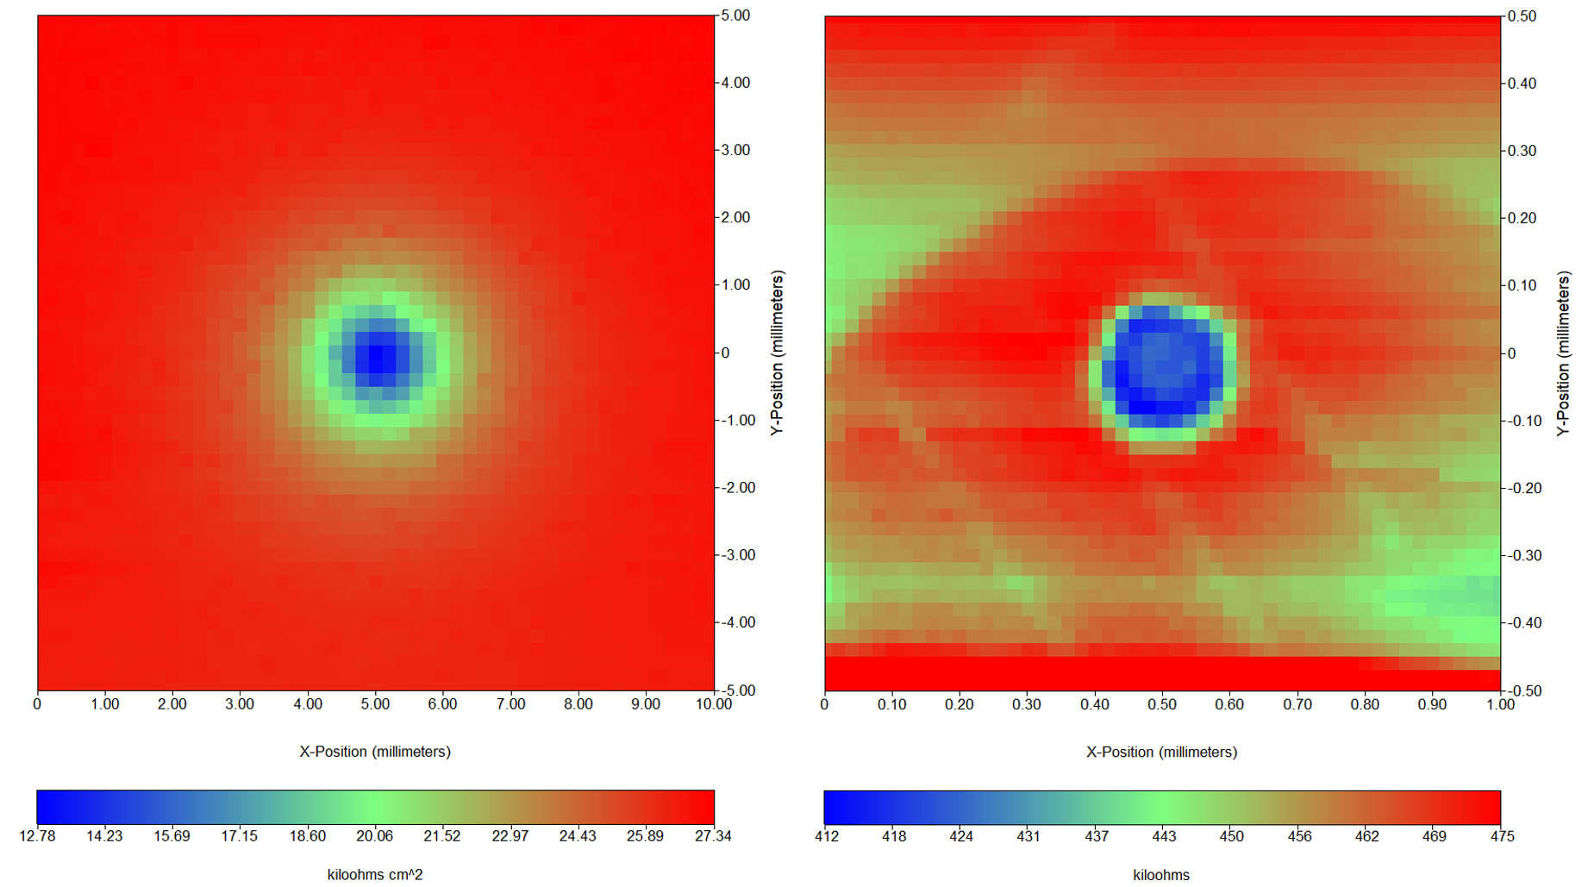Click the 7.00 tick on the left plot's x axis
point(510,704)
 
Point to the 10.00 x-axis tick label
point(713,704)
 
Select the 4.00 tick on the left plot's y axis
point(735,83)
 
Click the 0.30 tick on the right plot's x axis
point(1027,704)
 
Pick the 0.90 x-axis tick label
point(1432,704)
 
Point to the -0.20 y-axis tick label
point(1522,488)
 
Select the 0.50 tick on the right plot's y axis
point(1522,16)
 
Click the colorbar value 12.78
point(37,836)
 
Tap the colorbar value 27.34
point(713,836)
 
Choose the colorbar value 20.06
point(374,836)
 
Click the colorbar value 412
point(827,836)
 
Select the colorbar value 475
point(1502,836)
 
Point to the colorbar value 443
point(1164,836)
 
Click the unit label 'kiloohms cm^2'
point(375,875)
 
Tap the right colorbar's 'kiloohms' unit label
point(1161,875)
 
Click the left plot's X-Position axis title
point(375,752)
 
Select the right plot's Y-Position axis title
point(1564,353)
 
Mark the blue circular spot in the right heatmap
point(1163,366)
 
